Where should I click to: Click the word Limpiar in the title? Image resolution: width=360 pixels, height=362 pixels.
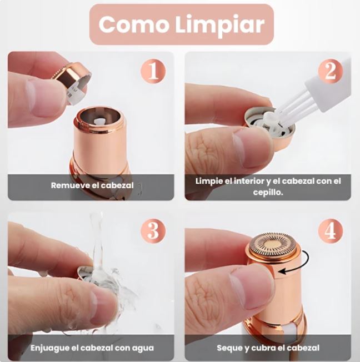click(x=220, y=25)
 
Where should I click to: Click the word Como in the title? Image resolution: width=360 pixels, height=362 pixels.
click(x=133, y=24)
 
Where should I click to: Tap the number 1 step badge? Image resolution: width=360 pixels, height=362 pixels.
click(x=153, y=71)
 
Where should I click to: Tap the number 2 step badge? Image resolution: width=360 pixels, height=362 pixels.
click(x=330, y=71)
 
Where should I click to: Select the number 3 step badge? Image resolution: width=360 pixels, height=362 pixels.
click(x=153, y=230)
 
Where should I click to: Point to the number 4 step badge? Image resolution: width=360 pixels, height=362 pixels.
click(x=330, y=230)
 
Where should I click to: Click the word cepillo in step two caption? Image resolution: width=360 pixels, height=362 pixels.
click(x=268, y=192)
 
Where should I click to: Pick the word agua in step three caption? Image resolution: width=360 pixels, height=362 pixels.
click(x=144, y=348)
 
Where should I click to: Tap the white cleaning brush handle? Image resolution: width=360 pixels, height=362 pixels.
click(x=327, y=88)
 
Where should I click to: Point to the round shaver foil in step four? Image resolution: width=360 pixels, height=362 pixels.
click(x=274, y=244)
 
